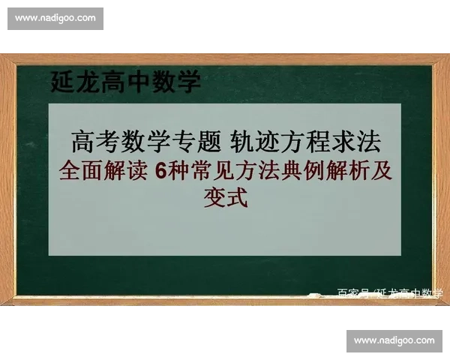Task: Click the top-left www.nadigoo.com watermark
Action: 55,17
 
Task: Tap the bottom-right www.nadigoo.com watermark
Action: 393,341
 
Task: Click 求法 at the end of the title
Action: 359,139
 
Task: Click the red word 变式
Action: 225,199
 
